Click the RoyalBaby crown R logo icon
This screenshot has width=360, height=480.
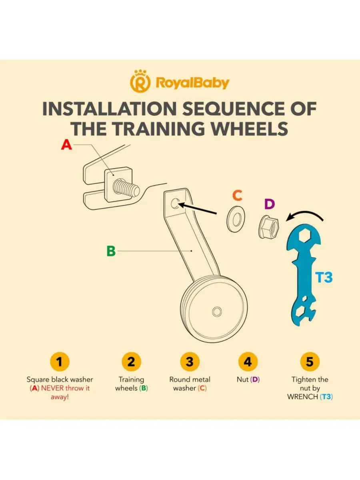140,81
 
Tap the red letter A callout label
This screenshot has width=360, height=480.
66,144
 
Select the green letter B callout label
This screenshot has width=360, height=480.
111,251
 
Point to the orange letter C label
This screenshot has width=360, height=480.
237,195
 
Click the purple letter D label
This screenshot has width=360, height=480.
269,204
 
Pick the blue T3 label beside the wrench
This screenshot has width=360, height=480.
324,277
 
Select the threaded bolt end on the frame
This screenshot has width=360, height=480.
126,188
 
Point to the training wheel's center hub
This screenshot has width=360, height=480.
217,311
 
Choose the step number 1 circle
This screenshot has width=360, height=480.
60,362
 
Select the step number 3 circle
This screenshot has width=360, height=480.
190,362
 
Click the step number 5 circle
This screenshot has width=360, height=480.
310,362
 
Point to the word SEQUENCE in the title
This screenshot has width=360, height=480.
234,109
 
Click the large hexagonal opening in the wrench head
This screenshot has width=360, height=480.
304,236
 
